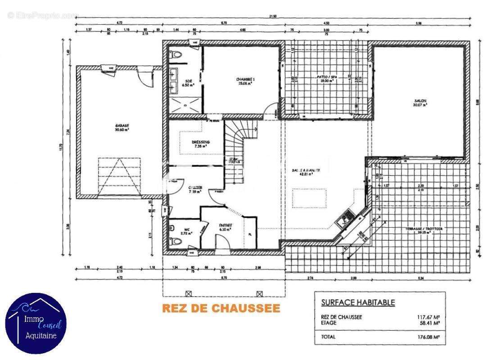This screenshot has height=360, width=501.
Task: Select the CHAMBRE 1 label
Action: [x=245, y=80]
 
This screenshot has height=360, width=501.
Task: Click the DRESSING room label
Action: [x=200, y=142]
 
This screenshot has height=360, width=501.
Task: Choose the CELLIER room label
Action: [x=195, y=187]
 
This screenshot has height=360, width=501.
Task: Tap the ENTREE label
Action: [x=225, y=225]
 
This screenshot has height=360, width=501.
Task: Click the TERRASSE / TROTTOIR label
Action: [x=424, y=229]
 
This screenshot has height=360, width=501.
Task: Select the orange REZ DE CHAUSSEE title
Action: [x=221, y=308]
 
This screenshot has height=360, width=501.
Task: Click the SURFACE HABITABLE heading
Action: [x=358, y=302]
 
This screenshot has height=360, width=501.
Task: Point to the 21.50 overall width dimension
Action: [x=273, y=16]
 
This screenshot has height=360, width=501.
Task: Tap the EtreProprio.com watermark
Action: [x=43, y=15]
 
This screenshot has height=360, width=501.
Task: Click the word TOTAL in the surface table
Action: [x=329, y=336]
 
